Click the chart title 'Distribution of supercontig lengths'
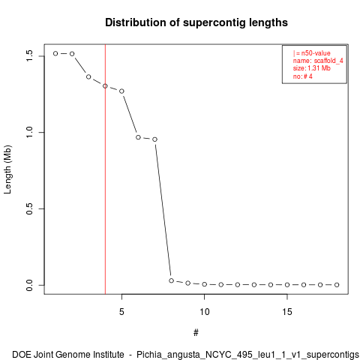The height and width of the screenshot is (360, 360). coord(196,22)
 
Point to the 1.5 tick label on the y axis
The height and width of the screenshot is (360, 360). coord(29,56)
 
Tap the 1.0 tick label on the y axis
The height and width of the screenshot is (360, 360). coord(29,132)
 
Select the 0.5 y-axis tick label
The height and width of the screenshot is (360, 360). coord(29,208)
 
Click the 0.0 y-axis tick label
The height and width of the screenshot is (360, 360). coord(29,285)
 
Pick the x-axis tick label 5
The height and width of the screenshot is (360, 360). coord(121,312)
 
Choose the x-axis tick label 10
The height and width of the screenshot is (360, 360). coord(204,312)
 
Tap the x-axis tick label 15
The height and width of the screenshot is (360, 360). coord(287,312)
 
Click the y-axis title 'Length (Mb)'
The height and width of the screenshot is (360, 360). coord(7,169)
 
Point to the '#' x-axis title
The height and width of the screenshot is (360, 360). coord(196,333)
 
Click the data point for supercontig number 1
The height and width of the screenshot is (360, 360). coord(55,53)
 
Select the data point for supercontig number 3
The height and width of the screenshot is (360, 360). coord(88,76)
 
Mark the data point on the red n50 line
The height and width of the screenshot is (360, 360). coord(105,86)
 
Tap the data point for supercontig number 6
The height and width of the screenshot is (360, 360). coord(138,137)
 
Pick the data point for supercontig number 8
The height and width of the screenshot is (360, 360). coord(171,280)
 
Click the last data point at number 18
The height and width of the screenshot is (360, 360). coord(337,285)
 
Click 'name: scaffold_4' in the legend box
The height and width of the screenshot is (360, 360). coord(318,61)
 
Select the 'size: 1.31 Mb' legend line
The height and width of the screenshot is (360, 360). coord(312,68)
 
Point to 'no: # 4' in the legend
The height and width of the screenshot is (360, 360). coord(303,76)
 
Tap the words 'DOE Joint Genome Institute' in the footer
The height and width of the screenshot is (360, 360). coord(68,355)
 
